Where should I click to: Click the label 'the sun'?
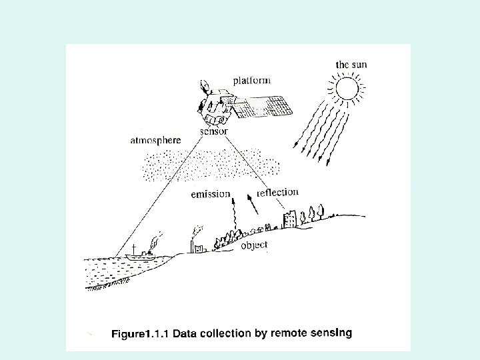coord(351,65)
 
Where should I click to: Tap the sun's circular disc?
coord(347,88)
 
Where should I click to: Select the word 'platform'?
coord(251,81)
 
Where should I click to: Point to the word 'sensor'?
coord(215,131)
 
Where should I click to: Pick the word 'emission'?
coord(210,195)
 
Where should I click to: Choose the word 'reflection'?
coord(277,192)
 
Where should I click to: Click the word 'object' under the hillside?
coord(254,245)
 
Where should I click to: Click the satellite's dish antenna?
coord(205,86)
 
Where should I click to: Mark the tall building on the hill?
coord(289,219)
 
